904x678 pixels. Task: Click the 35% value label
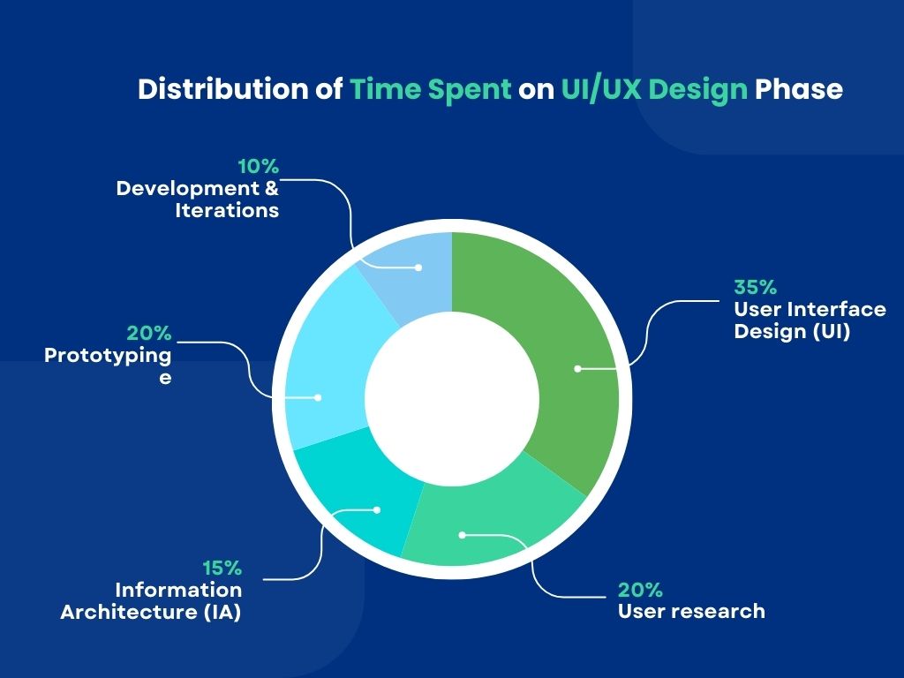(x=755, y=287)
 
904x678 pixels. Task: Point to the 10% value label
(x=258, y=166)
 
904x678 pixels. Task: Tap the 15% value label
(x=221, y=568)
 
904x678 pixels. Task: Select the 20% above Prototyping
(x=149, y=334)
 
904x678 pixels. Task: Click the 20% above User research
(x=640, y=590)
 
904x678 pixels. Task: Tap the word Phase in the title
(x=798, y=90)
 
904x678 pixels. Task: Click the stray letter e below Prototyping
(x=164, y=376)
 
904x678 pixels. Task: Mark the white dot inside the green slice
(x=577, y=369)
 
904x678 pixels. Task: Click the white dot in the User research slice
(x=461, y=534)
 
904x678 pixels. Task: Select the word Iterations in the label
(x=227, y=210)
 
